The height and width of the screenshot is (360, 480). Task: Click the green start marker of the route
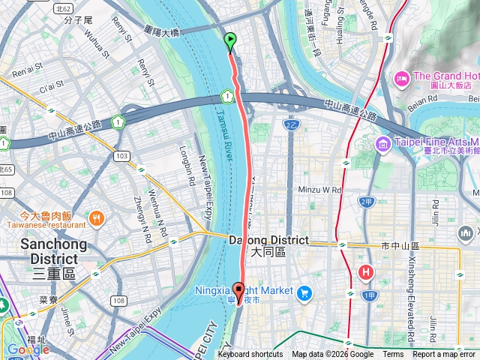coord(230,42)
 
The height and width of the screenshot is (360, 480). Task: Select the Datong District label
coord(268,241)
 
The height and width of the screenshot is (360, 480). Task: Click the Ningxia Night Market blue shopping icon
coord(304,292)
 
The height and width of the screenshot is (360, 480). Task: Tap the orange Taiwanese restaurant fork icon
coord(96,218)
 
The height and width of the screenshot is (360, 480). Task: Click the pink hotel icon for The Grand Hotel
coord(401,79)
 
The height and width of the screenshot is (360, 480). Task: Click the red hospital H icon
coord(366,272)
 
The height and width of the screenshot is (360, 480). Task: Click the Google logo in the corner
coord(28,349)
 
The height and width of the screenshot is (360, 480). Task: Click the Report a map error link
coord(444,355)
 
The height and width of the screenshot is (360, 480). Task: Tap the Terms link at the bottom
coord(393,355)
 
